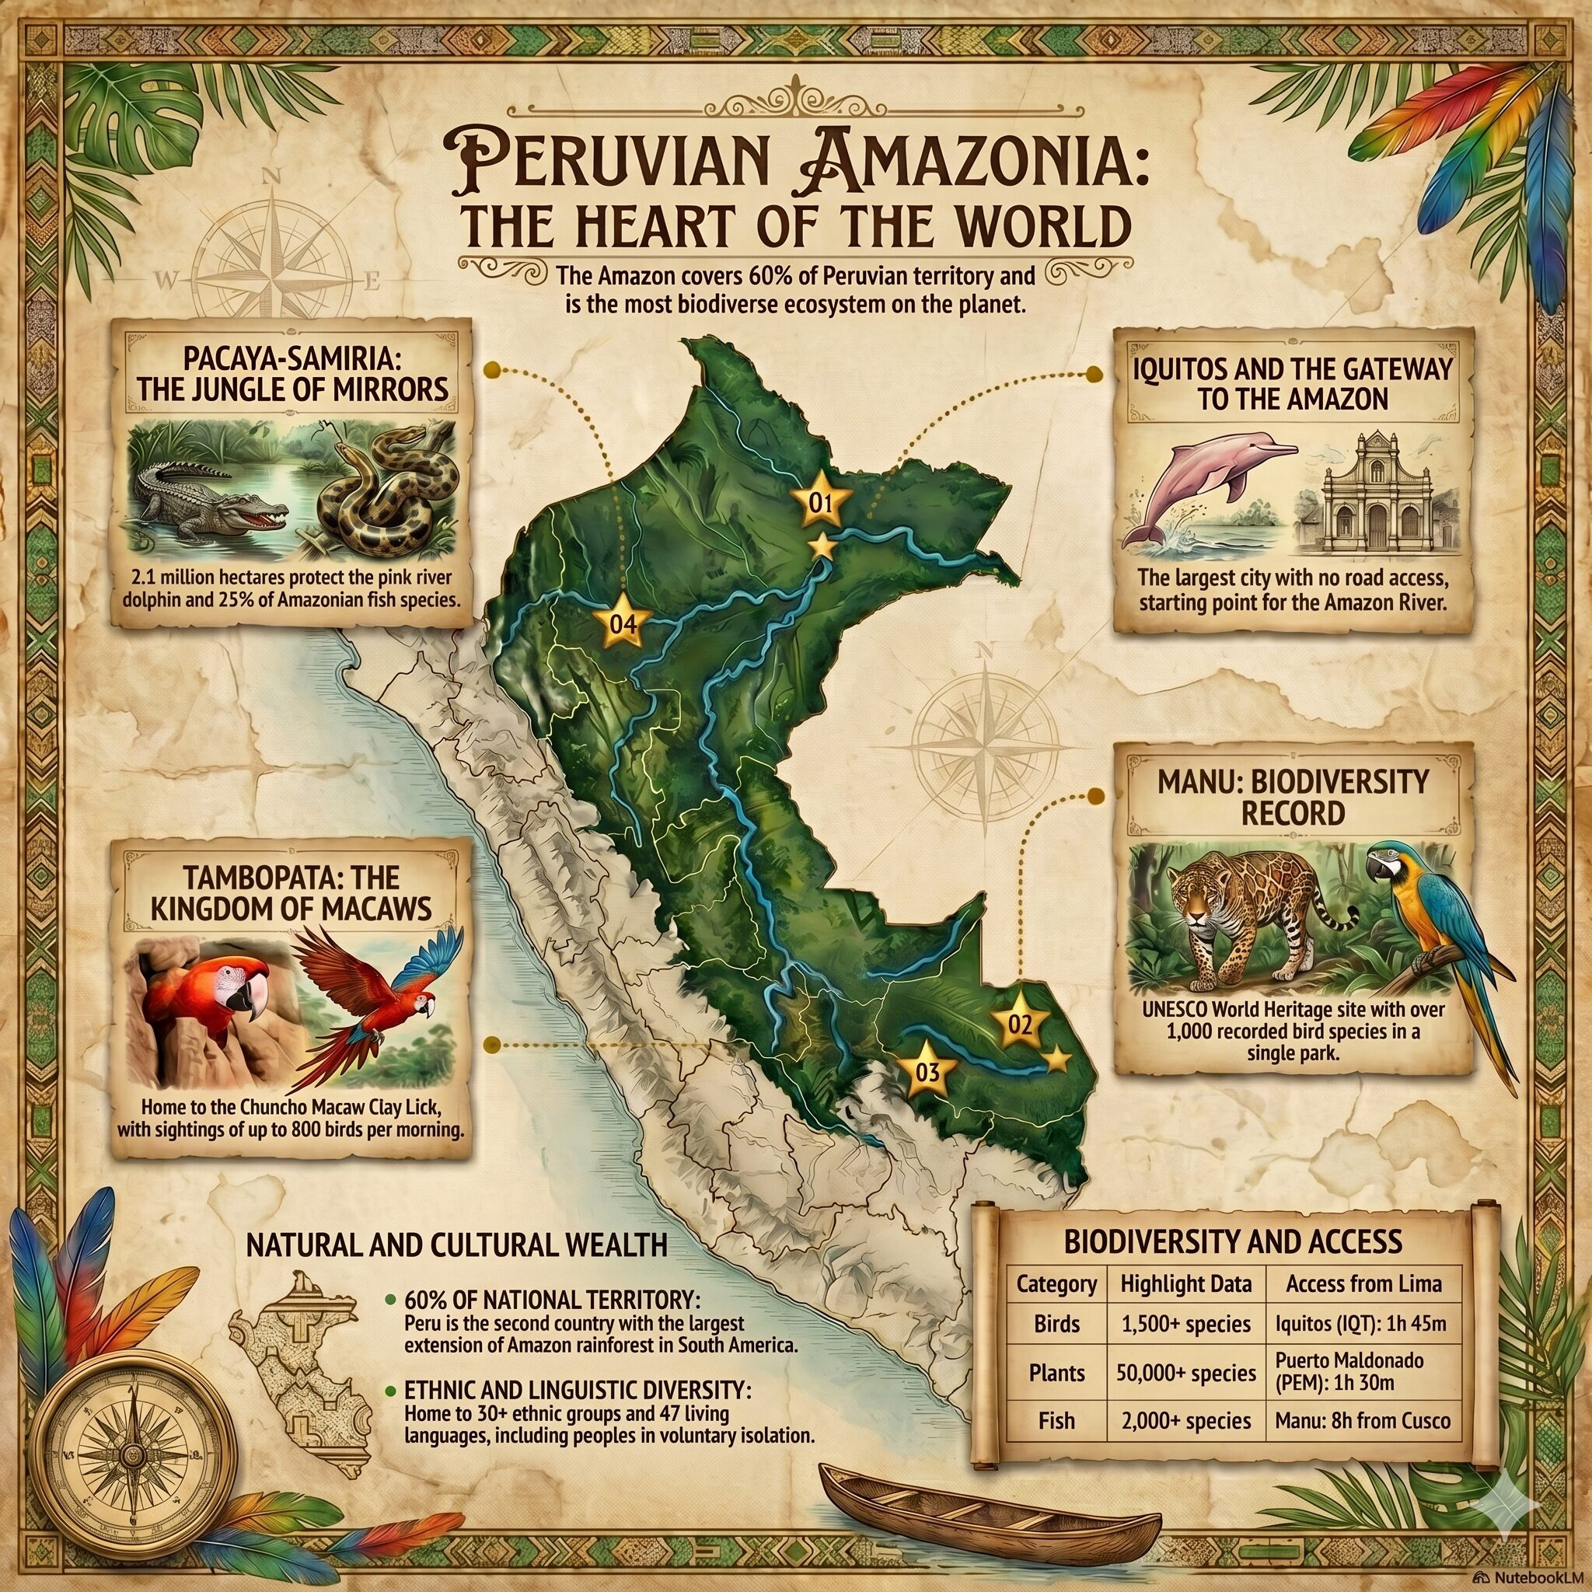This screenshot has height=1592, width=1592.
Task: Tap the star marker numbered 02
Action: pos(1019,1025)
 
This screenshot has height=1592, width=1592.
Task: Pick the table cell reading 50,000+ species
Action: pos(1185,1373)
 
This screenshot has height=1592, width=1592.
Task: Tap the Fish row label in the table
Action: pos(1056,1421)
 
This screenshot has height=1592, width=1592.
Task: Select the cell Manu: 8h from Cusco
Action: pos(1362,1421)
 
